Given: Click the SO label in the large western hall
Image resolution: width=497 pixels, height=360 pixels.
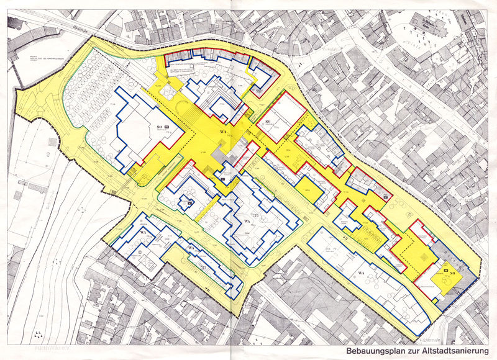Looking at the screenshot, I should (x=160, y=127).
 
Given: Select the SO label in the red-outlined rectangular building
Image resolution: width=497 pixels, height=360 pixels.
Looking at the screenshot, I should (x=269, y=120).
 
